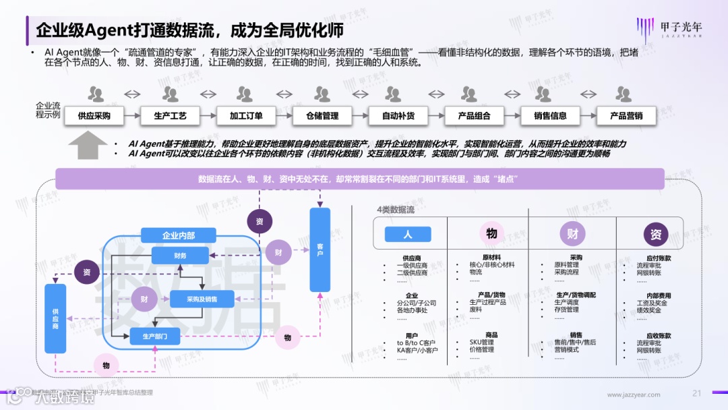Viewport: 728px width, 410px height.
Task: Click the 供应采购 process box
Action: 94,116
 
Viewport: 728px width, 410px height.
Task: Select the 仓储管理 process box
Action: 322,116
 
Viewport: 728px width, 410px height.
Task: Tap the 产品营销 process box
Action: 626,116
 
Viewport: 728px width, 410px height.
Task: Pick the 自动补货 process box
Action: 398,116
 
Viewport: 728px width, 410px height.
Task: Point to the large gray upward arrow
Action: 88,145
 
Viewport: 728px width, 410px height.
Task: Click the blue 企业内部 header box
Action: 179,235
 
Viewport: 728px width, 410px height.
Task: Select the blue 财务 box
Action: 180,256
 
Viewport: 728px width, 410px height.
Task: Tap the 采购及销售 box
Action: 202,299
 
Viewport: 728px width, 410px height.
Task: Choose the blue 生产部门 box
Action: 154,335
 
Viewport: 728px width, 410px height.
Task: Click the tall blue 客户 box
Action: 320,250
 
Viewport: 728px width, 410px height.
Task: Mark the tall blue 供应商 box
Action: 55,319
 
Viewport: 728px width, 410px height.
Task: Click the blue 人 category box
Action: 407,234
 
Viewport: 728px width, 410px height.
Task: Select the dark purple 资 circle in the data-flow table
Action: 655,234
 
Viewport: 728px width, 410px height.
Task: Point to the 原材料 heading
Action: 491,258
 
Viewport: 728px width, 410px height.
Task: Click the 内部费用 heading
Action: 659,295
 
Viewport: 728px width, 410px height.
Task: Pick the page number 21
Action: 698,393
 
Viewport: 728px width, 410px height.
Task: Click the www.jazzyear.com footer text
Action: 634,394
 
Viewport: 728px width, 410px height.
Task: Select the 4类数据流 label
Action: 396,210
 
